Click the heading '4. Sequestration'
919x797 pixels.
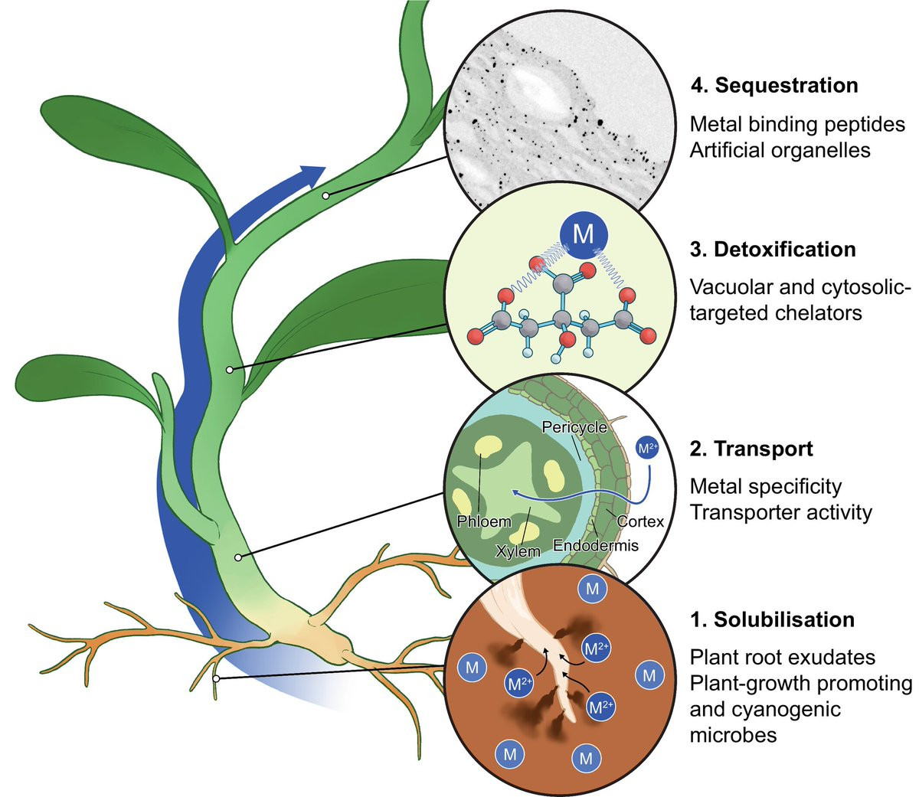pos(773,85)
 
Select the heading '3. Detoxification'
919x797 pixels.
pos(773,250)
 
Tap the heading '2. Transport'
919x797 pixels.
pos(751,449)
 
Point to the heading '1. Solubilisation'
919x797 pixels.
pos(772,619)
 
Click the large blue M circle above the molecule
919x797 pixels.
pos(584,233)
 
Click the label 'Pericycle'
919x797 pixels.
pos(574,427)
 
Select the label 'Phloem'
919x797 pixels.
pos(483,522)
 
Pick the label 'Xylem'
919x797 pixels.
pos(518,550)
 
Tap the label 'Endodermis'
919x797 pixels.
pos(595,546)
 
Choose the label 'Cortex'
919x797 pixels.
pos(640,521)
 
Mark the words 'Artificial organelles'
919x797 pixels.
pos(780,150)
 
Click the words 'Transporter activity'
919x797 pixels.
pos(780,512)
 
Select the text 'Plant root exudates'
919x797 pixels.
pos(782,657)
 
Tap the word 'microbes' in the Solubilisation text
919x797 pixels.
pos(733,736)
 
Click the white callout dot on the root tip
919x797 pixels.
pos(217,678)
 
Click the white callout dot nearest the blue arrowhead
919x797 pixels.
pos(325,196)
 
